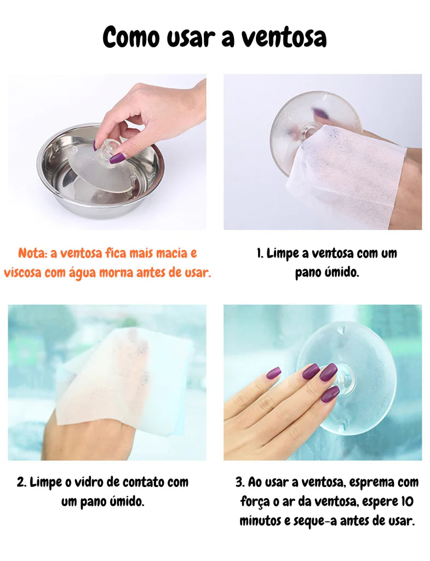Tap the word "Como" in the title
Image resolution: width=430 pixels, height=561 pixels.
(x=131, y=37)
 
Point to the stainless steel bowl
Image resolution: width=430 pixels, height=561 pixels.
(x=101, y=171)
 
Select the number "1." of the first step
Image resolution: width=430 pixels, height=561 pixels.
(x=260, y=253)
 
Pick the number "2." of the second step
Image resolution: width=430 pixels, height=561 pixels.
(x=21, y=482)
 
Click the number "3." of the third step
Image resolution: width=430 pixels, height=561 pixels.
(x=240, y=482)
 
